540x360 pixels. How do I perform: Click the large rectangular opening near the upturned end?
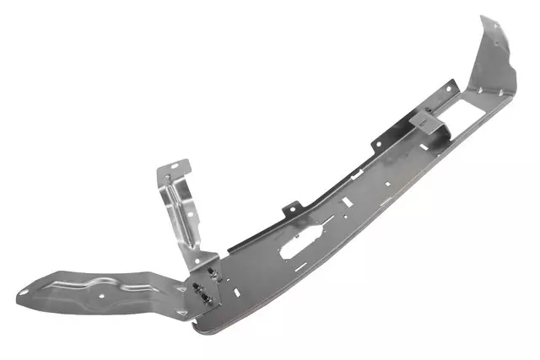pyautogui.click(x=478, y=105)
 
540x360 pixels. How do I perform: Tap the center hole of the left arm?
pyautogui.click(x=100, y=296)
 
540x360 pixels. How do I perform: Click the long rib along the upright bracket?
pyautogui.click(x=179, y=211)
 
